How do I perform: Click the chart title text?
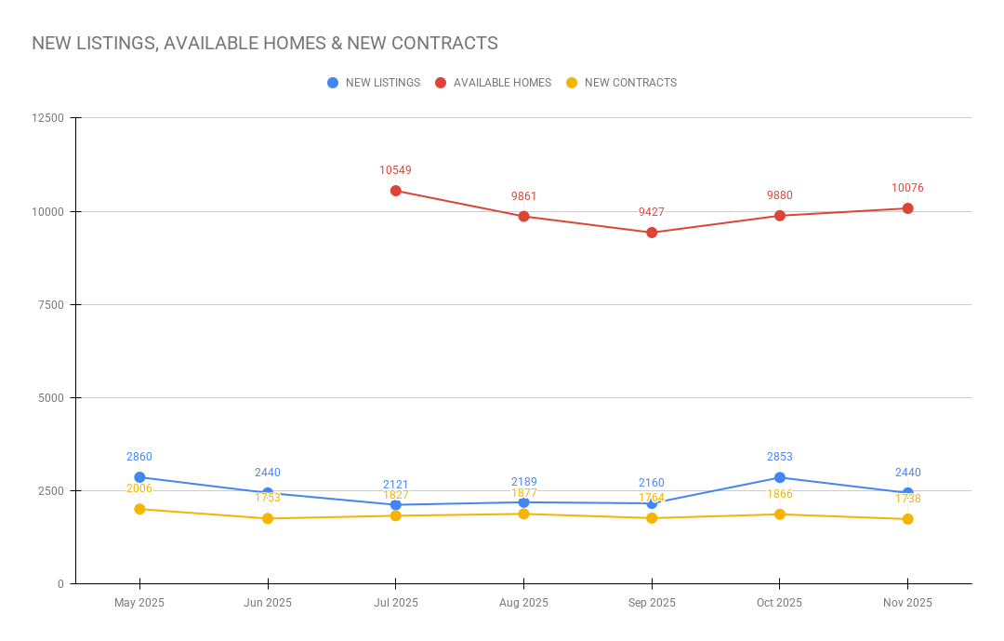[x=265, y=44]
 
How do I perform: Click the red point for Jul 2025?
[x=396, y=191]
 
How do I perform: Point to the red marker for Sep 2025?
[x=652, y=233]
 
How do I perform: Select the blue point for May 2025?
[x=139, y=477]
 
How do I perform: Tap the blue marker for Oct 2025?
[x=780, y=477]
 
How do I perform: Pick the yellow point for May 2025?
[x=139, y=509]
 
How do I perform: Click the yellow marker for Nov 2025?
[x=907, y=519]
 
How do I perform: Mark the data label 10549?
[x=395, y=170]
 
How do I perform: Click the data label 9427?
[x=652, y=212]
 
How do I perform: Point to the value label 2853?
[x=780, y=457]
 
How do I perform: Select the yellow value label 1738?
[x=907, y=499]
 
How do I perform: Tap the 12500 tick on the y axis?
[x=47, y=118]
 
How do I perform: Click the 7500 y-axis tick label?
[x=50, y=305]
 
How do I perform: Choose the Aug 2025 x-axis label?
[x=523, y=603]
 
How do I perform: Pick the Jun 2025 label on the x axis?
[x=268, y=603]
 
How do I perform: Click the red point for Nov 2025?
[x=907, y=208]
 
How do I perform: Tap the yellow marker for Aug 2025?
[x=523, y=514]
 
